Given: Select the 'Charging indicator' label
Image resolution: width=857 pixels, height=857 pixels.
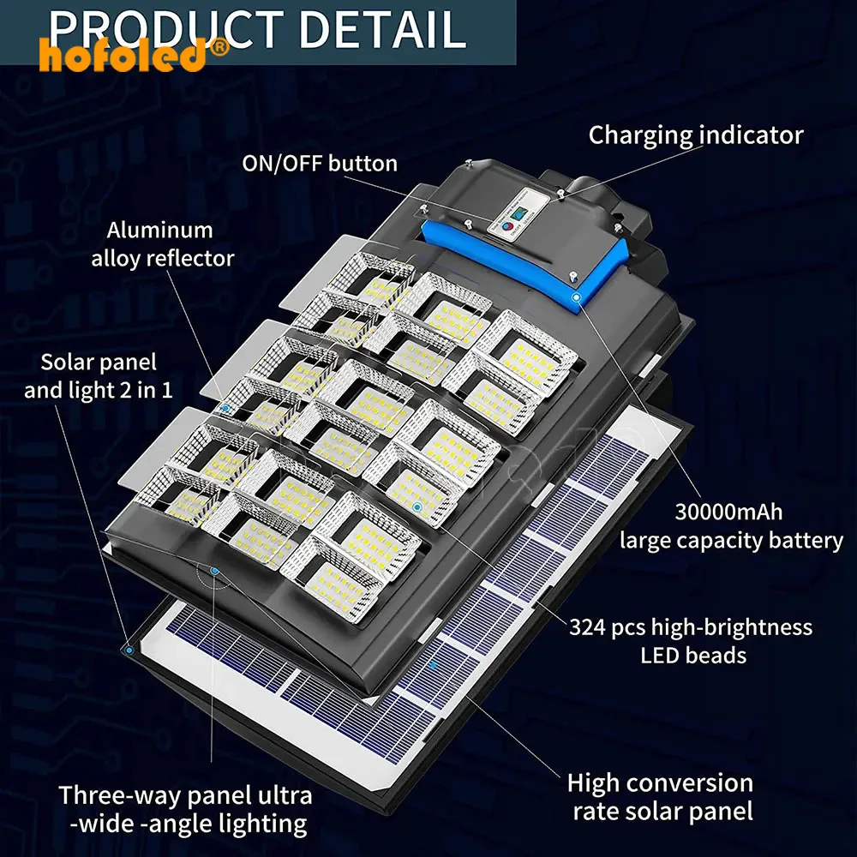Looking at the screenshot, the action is point(696,135).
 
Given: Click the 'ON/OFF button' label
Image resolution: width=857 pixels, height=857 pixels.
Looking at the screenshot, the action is point(321,163).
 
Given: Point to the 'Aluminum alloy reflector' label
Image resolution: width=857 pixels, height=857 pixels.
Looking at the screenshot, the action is point(162,244).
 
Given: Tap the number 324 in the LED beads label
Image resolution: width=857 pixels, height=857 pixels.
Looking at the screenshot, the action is point(592,627).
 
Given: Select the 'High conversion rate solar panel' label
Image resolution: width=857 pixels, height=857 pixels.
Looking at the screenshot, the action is point(660,797).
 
